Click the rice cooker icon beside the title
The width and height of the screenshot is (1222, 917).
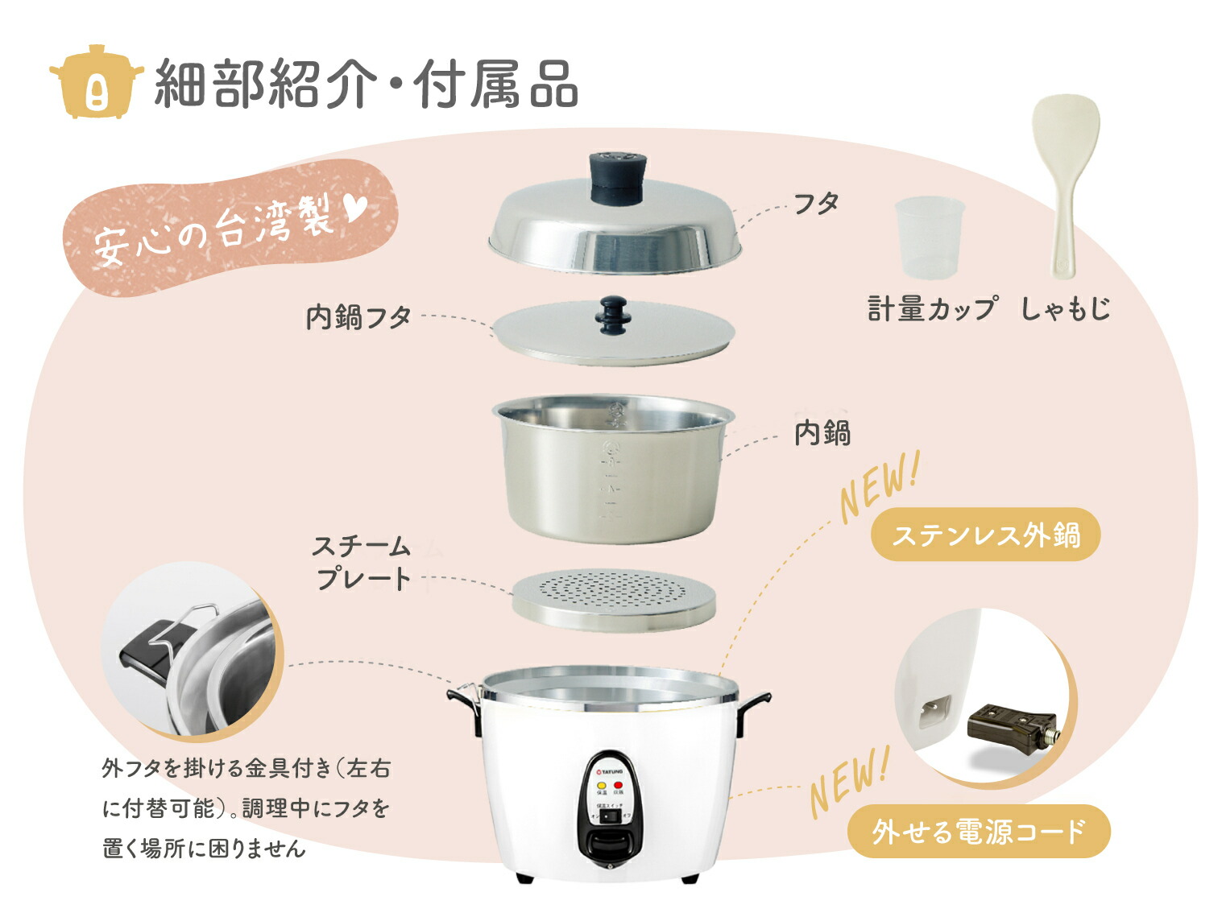pyautogui.click(x=96, y=82)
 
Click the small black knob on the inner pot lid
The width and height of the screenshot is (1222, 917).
pyautogui.click(x=612, y=313)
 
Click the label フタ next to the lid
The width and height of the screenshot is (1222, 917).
pyautogui.click(x=815, y=204)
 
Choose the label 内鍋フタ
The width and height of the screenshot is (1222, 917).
pyautogui.click(x=358, y=317)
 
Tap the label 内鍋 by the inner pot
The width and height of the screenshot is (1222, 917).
pyautogui.click(x=822, y=433)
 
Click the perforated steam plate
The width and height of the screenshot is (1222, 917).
pyautogui.click(x=614, y=600)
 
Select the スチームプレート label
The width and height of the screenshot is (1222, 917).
pyautogui.click(x=362, y=563)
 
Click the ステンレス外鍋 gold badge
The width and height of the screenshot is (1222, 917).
pyautogui.click(x=985, y=535)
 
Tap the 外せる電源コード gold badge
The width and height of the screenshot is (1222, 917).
pyautogui.click(x=978, y=831)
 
